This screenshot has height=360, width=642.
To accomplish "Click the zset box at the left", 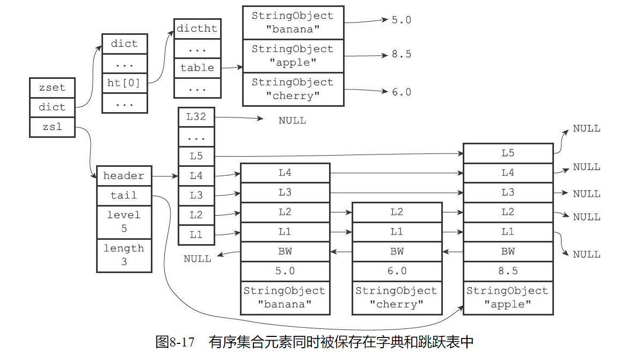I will tap(52, 87).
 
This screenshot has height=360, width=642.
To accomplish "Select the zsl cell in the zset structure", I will tap(52, 127).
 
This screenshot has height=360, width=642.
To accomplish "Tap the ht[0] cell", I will tap(124, 83).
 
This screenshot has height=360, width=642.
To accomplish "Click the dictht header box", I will tap(197, 29).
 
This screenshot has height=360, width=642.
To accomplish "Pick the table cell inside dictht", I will tap(197, 68).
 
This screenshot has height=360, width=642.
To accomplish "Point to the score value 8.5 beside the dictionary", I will tap(401, 55).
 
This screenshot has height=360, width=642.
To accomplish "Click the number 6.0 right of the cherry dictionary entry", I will tap(401, 92).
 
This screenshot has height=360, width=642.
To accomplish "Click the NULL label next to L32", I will tap(292, 121).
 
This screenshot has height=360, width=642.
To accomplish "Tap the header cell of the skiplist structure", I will tap(123, 176).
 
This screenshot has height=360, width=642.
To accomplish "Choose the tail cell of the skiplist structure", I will tap(123, 195).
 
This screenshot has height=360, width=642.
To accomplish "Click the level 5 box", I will tap(123, 222).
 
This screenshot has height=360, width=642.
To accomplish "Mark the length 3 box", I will tap(123, 255).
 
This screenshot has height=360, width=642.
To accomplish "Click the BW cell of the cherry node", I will tap(397, 251).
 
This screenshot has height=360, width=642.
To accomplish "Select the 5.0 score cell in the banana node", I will tap(284, 271).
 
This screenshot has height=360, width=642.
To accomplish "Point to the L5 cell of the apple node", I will tap(507, 153).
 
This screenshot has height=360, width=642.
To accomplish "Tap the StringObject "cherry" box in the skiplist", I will tap(397, 298).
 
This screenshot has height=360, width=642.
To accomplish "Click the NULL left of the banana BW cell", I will tap(198, 259).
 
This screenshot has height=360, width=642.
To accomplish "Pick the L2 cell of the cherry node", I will tap(397, 212).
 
